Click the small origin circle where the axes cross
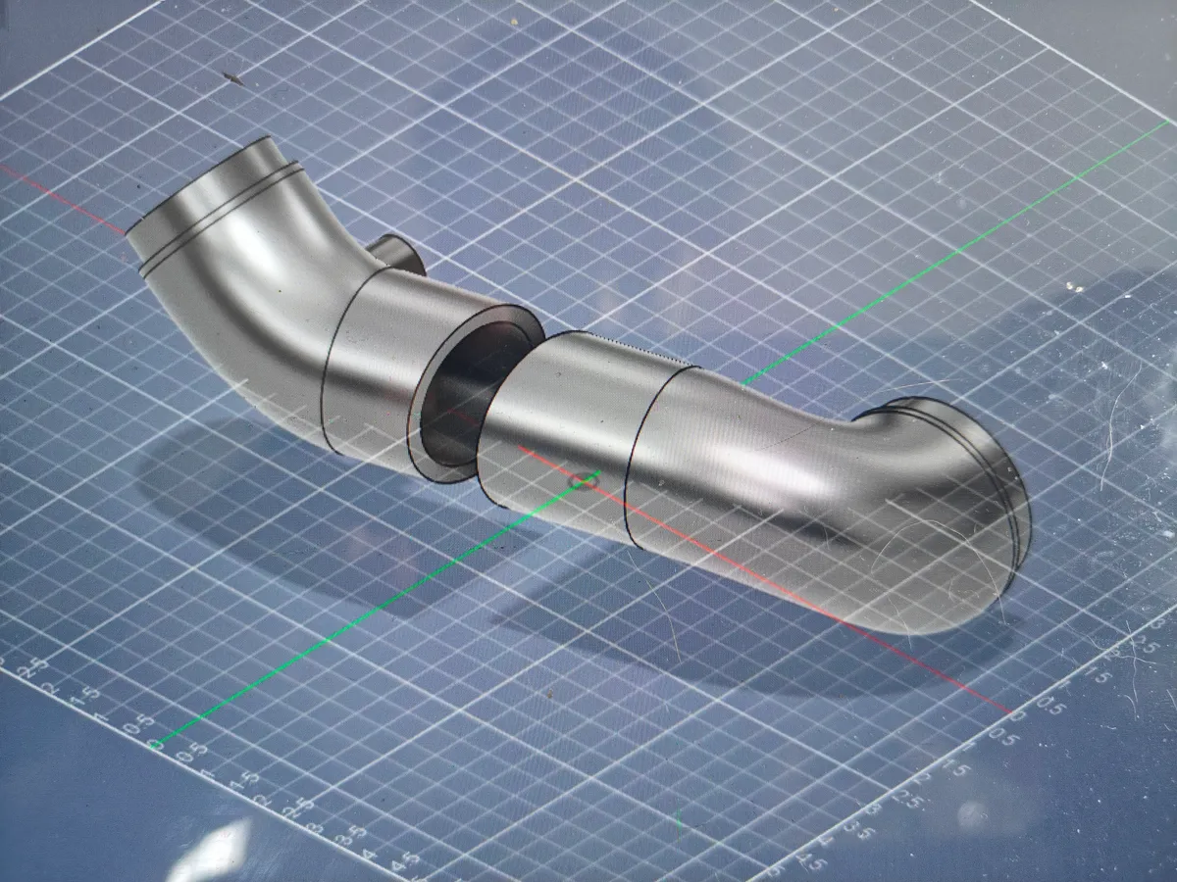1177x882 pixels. click(x=586, y=480)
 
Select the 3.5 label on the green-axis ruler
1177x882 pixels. click(x=359, y=835)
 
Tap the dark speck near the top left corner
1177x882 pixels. click(x=232, y=75)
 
